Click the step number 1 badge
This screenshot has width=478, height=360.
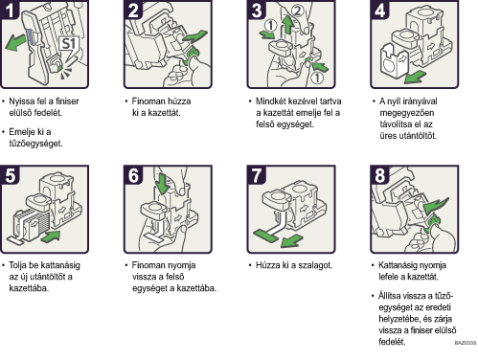(x=10, y=10)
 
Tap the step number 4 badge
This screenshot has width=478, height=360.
(x=379, y=10)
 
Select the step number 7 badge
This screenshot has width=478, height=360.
(x=257, y=175)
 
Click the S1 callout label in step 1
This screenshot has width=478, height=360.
(x=68, y=44)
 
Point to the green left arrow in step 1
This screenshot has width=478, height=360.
(x=15, y=42)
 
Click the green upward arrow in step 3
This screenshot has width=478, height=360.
(x=288, y=25)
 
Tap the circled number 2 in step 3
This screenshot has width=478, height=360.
(x=297, y=11)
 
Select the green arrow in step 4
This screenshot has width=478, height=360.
(x=415, y=77)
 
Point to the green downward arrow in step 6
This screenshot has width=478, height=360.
(x=163, y=184)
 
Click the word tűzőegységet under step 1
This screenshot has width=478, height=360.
(x=35, y=144)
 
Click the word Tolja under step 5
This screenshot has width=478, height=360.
(x=17, y=265)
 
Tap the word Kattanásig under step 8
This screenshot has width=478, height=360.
(x=399, y=265)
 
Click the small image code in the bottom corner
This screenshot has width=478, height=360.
(x=466, y=343)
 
